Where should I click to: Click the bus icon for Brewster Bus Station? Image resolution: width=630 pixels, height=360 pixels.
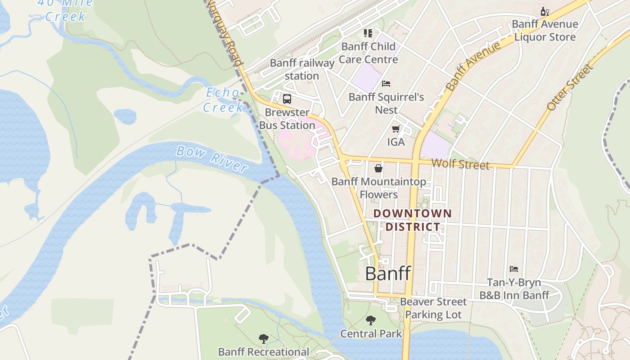pyautogui.click(x=287, y=99)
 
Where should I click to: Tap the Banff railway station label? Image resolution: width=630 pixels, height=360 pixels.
pyautogui.click(x=302, y=69)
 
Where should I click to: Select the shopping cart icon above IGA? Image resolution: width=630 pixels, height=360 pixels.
pyautogui.click(x=396, y=129)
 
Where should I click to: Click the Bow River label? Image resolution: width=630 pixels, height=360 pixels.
pyautogui.click(x=211, y=158)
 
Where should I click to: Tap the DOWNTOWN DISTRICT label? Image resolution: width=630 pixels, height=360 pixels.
pyautogui.click(x=412, y=220)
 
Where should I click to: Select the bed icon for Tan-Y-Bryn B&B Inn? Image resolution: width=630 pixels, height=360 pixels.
pyautogui.click(x=514, y=269)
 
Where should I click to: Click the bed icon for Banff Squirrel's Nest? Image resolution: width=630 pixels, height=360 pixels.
pyautogui.click(x=386, y=84)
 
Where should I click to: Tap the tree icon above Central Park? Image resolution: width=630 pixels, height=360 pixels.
pyautogui.click(x=371, y=320)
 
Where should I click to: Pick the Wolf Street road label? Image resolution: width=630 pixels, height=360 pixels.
pyautogui.click(x=460, y=164)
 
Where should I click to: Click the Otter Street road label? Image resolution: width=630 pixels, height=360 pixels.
pyautogui.click(x=570, y=87)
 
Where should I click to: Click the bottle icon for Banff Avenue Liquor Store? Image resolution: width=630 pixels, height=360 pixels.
pyautogui.click(x=544, y=11)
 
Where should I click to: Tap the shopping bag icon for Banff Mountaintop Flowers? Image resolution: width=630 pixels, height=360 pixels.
pyautogui.click(x=379, y=168)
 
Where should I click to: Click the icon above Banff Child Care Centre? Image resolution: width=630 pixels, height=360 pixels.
pyautogui.click(x=368, y=33)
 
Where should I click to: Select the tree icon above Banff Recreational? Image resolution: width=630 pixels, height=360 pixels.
pyautogui.click(x=264, y=338)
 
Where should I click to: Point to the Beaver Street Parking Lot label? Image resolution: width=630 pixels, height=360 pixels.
pyautogui.click(x=433, y=308)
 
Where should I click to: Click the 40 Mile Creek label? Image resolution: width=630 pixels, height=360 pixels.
pyautogui.click(x=65, y=10)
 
